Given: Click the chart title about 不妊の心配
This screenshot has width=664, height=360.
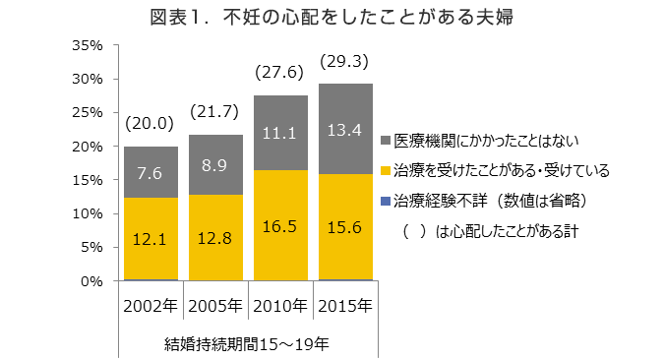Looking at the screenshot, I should tap(332, 17).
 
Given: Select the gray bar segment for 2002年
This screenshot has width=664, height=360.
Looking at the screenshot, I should tap(151, 172).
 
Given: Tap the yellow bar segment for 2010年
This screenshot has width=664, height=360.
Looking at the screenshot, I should tap(280, 225).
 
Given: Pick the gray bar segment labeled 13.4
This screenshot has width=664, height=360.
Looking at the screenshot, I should tap(345, 129).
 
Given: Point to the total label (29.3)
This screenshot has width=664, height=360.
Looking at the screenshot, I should tap(344, 62).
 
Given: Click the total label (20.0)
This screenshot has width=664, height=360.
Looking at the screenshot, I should tap(150, 124).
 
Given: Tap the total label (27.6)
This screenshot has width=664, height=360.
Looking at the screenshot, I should tap(280, 73).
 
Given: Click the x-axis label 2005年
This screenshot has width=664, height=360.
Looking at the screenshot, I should tap(215, 306).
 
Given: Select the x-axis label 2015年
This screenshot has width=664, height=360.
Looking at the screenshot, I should tap(345, 306).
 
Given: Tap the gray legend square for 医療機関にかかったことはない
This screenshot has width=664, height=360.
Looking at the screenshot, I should tap(385, 141).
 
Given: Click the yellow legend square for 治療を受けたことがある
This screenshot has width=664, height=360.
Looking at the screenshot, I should tap(385, 171).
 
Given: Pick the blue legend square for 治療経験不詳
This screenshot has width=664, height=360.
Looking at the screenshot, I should tap(385, 202).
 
